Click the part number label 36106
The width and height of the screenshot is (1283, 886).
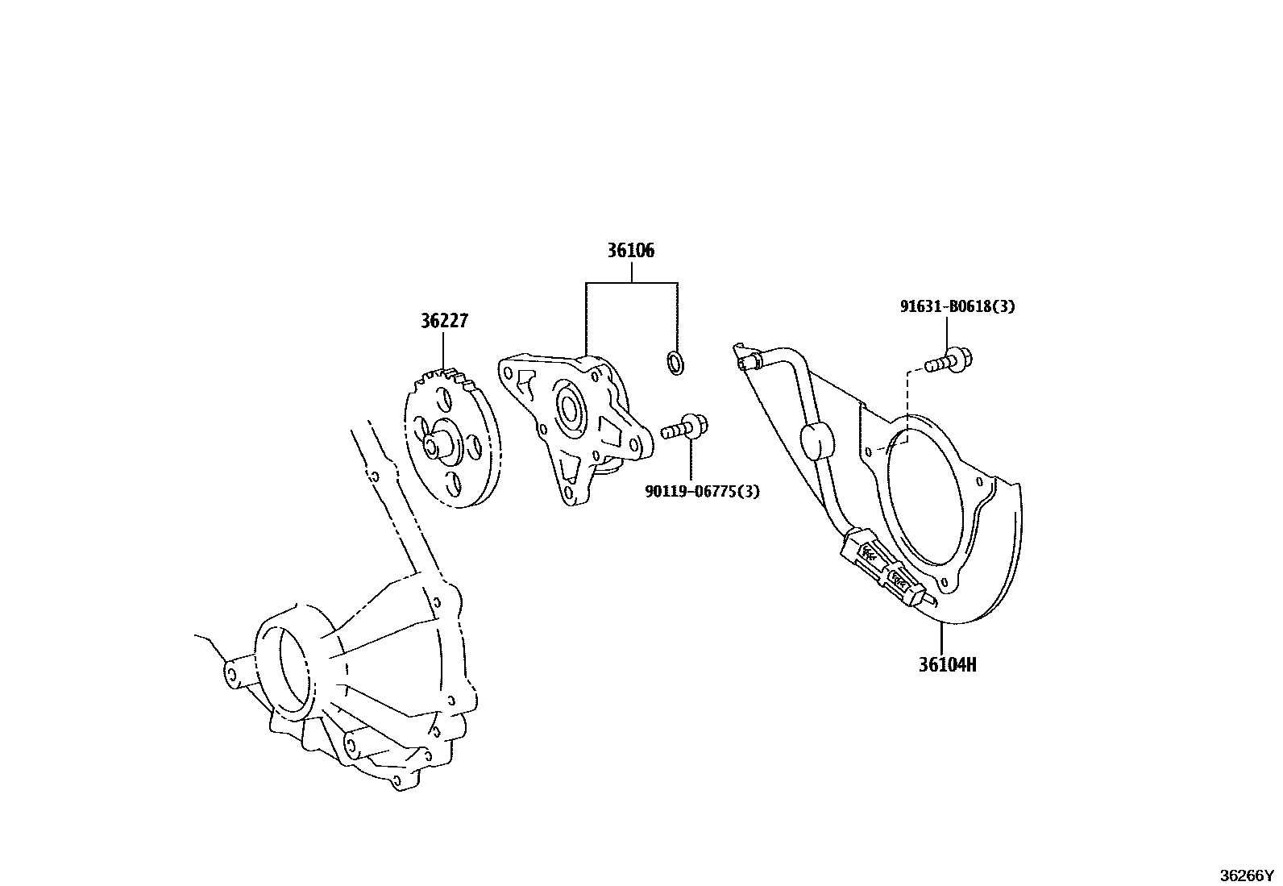click(630, 251)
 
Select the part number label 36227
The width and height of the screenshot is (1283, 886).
click(443, 321)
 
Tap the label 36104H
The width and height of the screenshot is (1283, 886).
click(947, 665)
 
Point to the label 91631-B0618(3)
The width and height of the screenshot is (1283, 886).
click(957, 306)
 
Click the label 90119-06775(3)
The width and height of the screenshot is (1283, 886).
click(702, 491)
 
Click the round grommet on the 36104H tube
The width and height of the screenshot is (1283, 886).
click(816, 440)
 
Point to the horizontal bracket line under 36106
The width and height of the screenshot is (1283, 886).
click(631, 284)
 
